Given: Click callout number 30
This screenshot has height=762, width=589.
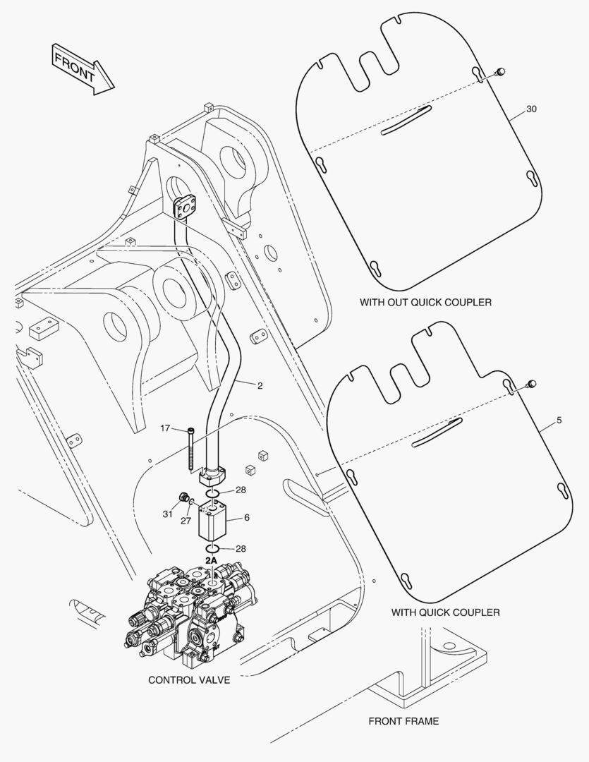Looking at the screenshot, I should pyautogui.click(x=531, y=109).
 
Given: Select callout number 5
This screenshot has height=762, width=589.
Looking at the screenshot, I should pyautogui.click(x=559, y=421).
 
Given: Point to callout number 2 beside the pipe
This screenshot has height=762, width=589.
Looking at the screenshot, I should pyautogui.click(x=260, y=385).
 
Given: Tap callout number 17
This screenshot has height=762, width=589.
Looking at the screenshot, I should pyautogui.click(x=165, y=428).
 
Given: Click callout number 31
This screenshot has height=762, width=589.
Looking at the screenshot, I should pyautogui.click(x=167, y=514).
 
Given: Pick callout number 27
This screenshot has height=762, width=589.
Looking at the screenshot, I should pyautogui.click(x=187, y=521).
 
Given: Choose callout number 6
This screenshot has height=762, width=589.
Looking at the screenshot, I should pyautogui.click(x=247, y=517).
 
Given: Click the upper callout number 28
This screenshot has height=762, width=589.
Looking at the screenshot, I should pyautogui.click(x=241, y=490).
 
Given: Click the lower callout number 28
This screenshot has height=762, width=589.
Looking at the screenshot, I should pyautogui.click(x=241, y=548).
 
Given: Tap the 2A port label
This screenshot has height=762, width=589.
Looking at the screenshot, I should pyautogui.click(x=211, y=560).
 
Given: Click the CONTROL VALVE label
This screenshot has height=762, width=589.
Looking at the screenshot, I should pyautogui.click(x=189, y=680).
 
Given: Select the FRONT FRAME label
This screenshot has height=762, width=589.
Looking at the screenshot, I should pyautogui.click(x=403, y=721).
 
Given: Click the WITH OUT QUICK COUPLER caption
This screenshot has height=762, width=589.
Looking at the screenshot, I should pyautogui.click(x=425, y=302).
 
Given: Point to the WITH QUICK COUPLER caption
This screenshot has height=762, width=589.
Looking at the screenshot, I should pyautogui.click(x=445, y=612).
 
